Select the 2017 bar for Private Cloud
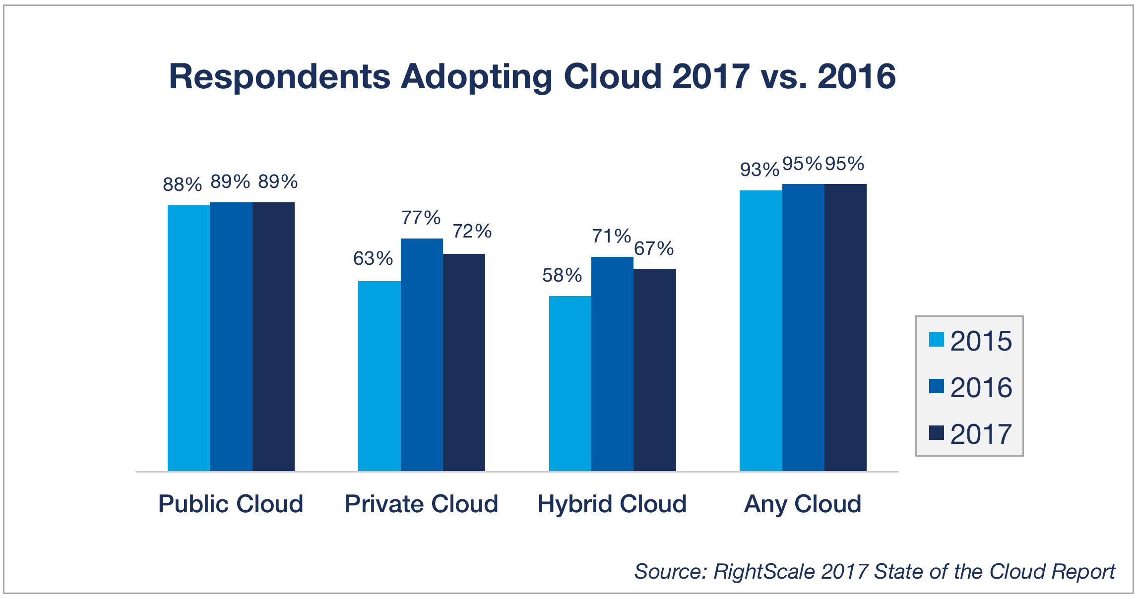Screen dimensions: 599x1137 click(x=464, y=362)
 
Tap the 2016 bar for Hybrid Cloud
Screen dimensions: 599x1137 click(x=612, y=364)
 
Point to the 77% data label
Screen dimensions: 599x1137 click(x=421, y=218)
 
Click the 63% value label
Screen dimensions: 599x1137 click(x=373, y=258)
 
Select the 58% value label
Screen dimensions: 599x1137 click(x=562, y=275)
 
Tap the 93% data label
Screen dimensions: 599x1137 click(x=759, y=170)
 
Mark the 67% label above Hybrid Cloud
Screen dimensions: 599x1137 click(x=654, y=248)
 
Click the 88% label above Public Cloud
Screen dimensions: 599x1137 click(x=183, y=184)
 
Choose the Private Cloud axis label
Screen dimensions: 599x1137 click(x=421, y=504)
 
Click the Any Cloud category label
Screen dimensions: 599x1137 click(x=803, y=504)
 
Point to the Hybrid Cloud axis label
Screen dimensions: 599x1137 click(x=612, y=504)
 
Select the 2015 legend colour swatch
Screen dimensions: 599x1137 click(x=936, y=340)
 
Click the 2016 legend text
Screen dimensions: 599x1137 click(x=981, y=387)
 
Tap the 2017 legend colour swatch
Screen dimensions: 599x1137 click(x=936, y=432)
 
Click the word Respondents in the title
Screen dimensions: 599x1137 click(x=280, y=77)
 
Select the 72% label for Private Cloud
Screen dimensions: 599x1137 click(x=472, y=231)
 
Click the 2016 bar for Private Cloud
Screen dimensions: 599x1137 click(x=422, y=355)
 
